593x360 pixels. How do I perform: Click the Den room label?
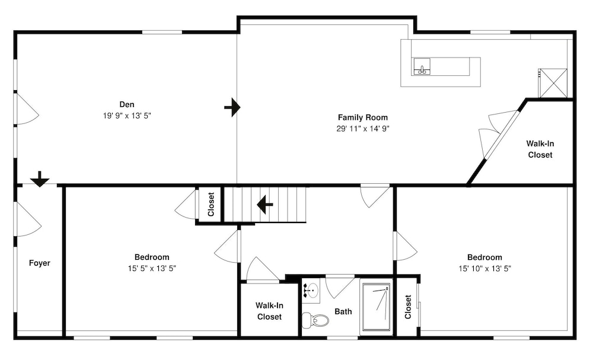point(127,104)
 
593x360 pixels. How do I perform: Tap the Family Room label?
point(363,117)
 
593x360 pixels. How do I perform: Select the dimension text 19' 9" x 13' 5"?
point(127,116)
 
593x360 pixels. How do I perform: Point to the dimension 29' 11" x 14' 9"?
point(363,129)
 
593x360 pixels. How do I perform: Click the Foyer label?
point(40,263)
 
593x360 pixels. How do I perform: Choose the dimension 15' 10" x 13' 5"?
point(485,269)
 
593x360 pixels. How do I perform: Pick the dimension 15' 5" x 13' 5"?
point(152,269)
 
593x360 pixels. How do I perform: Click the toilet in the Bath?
point(315,320)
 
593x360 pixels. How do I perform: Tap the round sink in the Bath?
point(311,291)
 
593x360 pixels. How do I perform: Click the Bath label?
point(343,311)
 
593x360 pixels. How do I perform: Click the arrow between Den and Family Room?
point(232,107)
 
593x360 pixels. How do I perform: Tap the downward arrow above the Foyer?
point(39,179)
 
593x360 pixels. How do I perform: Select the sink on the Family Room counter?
point(422,67)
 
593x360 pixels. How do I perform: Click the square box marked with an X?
point(553,83)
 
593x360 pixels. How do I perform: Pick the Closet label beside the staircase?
point(211,204)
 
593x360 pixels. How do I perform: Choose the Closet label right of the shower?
point(408,307)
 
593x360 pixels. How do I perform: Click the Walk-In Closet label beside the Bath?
point(269,311)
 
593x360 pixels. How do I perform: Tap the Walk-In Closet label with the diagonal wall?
point(540,149)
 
